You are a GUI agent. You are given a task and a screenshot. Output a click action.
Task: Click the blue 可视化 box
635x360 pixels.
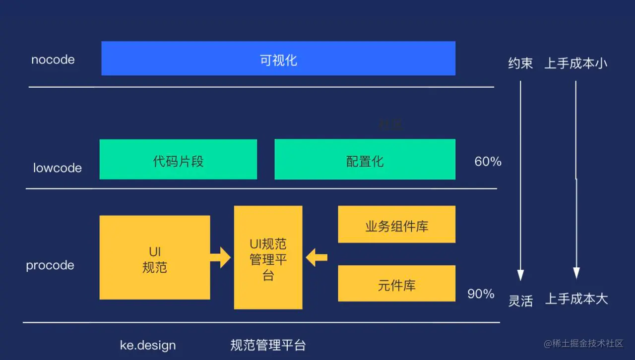(278, 59)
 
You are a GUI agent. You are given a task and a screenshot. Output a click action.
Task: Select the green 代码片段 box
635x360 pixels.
(178, 160)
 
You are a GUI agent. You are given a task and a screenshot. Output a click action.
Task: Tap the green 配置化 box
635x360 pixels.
(365, 160)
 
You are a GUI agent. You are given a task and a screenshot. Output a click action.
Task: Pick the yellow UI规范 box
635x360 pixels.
(154, 257)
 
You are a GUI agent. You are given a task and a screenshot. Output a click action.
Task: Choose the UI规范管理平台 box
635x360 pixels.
(268, 257)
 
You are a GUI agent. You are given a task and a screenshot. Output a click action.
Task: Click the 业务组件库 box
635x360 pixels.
(396, 225)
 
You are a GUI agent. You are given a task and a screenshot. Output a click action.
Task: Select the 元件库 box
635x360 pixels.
(396, 284)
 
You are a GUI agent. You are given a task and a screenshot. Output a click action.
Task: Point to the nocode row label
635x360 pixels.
(53, 60)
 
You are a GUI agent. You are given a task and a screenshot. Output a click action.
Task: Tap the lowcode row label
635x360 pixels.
(58, 168)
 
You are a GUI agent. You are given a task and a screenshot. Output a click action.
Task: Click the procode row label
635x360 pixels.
(50, 265)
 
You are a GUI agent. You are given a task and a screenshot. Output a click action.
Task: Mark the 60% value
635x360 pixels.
(488, 161)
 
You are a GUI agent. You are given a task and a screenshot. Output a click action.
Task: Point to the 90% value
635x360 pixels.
(481, 294)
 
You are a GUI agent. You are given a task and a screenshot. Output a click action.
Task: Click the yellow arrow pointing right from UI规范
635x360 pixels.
(220, 258)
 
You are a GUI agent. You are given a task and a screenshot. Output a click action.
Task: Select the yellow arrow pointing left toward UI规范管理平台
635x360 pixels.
(317, 257)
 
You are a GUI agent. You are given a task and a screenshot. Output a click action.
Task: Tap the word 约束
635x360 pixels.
(520, 63)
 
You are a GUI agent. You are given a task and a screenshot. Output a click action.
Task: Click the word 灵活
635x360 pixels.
(520, 300)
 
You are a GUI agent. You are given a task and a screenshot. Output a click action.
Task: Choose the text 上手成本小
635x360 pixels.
(575, 63)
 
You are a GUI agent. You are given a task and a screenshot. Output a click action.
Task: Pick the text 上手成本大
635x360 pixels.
(576, 299)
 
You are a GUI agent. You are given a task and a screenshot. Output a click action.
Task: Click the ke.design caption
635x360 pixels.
(148, 345)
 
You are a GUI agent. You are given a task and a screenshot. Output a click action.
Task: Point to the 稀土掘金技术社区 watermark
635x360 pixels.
(583, 344)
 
